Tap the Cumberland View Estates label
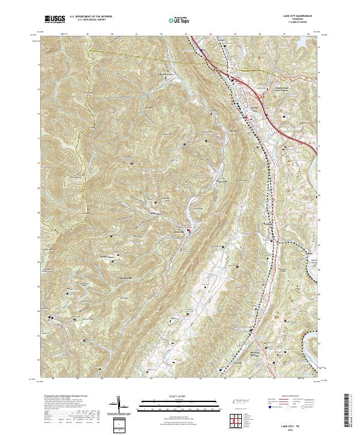pyautogui.click(x=286, y=89)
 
